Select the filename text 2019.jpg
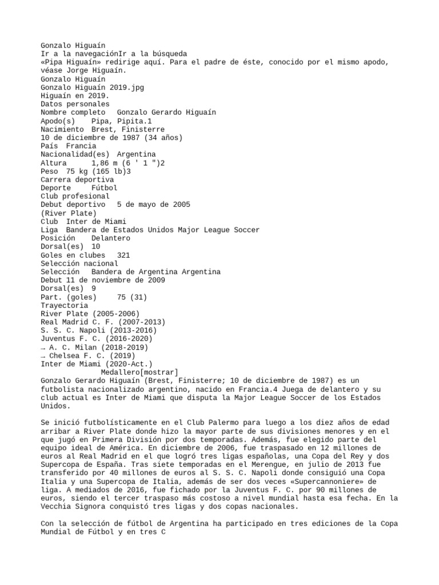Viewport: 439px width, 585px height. (125, 87)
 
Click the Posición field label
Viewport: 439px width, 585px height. (57, 238)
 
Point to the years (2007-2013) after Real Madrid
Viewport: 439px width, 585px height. (120, 322)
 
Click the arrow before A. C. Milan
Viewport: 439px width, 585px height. (43, 347)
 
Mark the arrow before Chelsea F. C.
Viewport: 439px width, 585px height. (43, 355)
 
